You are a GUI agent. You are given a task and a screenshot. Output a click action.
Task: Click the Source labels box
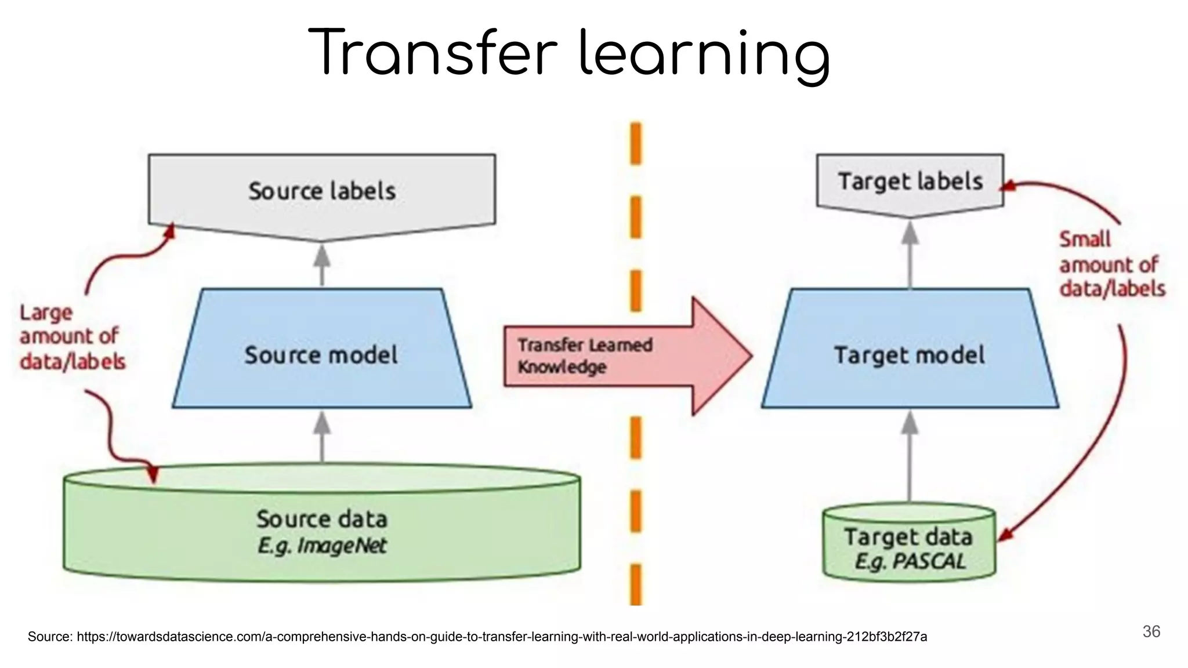(322, 191)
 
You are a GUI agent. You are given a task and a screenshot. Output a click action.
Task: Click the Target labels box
(910, 182)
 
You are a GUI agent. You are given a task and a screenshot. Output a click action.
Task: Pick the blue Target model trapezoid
(910, 354)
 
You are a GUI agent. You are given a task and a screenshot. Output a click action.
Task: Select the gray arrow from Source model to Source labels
(322, 265)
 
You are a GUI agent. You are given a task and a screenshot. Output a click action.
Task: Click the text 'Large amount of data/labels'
(72, 337)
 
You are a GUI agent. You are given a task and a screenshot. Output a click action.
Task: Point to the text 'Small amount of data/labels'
(1111, 264)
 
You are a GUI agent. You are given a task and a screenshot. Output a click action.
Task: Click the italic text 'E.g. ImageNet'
(322, 546)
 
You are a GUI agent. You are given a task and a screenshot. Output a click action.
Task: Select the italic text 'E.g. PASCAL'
(910, 561)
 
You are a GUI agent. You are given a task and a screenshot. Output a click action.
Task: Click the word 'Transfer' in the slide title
(433, 53)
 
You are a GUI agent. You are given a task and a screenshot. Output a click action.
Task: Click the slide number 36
(1151, 631)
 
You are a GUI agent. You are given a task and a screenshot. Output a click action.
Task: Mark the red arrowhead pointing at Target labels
(1009, 186)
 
